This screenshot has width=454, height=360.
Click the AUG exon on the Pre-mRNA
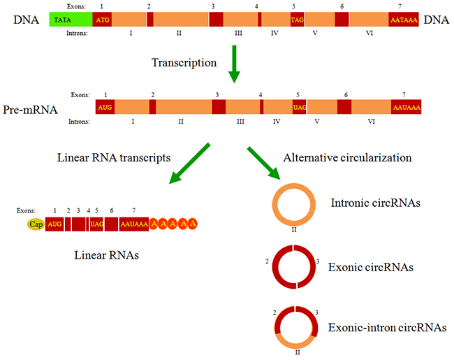(x=105, y=107)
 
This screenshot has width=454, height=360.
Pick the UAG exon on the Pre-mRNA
(x=300, y=107)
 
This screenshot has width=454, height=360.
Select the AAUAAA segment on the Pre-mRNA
(x=407, y=107)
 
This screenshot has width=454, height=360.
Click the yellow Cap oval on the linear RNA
(x=36, y=224)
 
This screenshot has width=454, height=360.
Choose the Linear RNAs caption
(x=106, y=255)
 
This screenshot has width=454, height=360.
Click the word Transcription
(x=184, y=62)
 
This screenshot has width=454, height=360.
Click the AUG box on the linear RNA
(x=55, y=224)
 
